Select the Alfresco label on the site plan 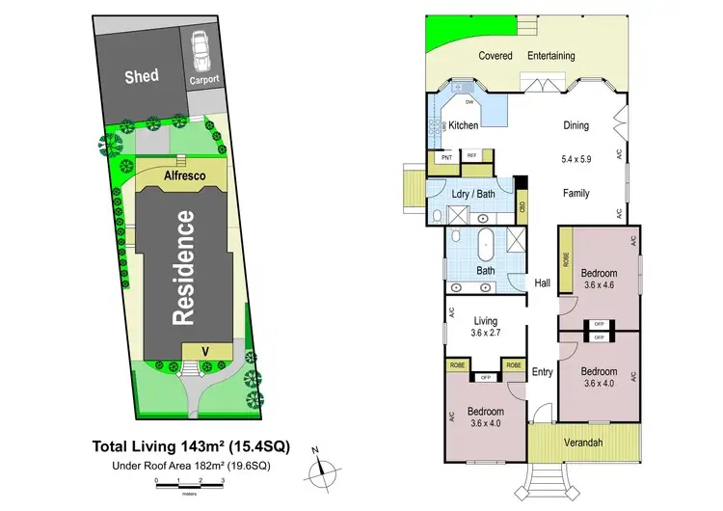(x=182, y=176)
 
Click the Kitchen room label (x=464, y=125)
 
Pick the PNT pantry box (x=446, y=157)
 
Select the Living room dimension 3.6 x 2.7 (x=485, y=333)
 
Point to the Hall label (x=544, y=283)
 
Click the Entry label (x=543, y=371)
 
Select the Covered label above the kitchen (x=495, y=56)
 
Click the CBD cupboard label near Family (x=522, y=205)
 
